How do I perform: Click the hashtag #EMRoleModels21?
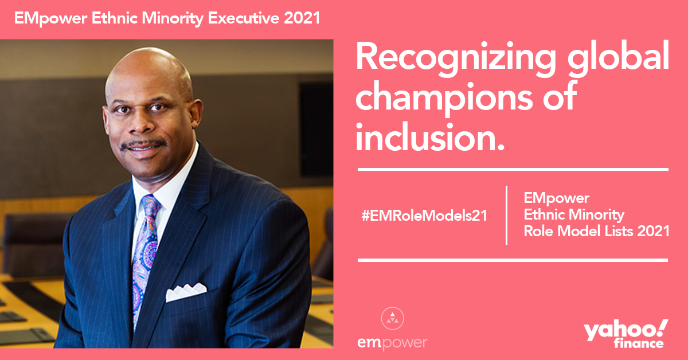(424, 216)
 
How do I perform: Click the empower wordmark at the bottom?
(392, 343)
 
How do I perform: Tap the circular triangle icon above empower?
(392, 319)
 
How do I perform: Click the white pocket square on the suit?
(186, 292)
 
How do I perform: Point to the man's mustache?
(144, 144)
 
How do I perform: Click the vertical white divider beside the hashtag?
(506, 215)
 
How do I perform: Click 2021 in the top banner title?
(302, 18)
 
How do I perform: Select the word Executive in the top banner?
(244, 18)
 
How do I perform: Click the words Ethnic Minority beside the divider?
(574, 214)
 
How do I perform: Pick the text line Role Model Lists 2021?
(596, 231)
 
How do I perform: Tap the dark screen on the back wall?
(316, 129)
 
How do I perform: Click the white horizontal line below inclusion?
(513, 169)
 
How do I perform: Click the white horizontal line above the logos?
(513, 260)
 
